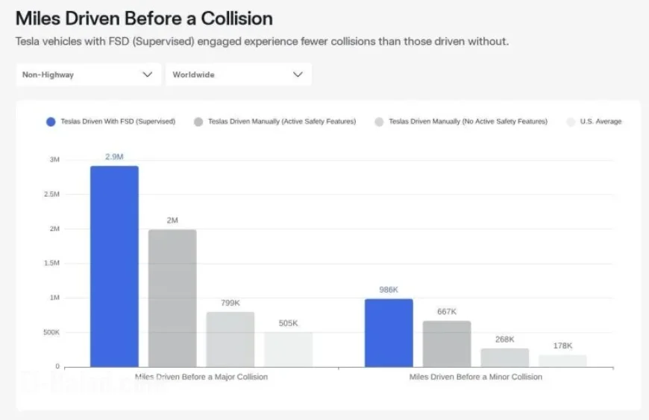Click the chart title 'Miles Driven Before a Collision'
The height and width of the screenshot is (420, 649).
(144, 18)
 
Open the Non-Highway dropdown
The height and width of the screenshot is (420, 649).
(87, 74)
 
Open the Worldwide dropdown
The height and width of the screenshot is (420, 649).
(237, 74)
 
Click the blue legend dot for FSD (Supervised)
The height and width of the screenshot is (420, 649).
(51, 121)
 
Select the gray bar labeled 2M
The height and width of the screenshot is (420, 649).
(172, 298)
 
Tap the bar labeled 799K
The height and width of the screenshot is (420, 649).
(231, 339)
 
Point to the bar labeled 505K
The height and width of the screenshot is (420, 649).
(289, 349)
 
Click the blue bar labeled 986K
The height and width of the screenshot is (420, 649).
(389, 332)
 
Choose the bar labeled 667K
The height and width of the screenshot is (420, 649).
(447, 343)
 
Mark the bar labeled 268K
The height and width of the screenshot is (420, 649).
(505, 357)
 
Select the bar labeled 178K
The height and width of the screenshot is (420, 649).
(563, 360)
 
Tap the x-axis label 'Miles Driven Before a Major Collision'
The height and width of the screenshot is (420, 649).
(201, 377)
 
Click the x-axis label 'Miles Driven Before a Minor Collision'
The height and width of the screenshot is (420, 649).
(476, 377)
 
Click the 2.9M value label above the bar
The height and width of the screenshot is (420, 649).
(114, 156)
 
